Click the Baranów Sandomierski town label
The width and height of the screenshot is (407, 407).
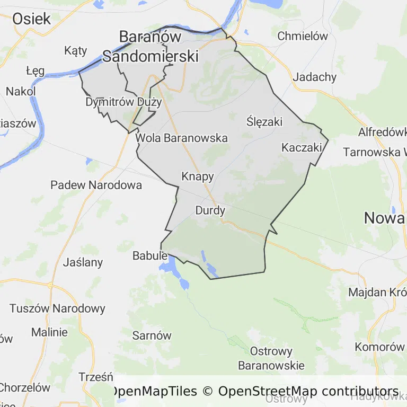pyautogui.click(x=151, y=46)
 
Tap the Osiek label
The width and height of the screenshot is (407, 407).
pyautogui.click(x=31, y=19)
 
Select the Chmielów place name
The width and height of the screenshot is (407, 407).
pyautogui.click(x=303, y=37)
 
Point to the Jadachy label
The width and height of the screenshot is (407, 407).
pyautogui.click(x=314, y=77)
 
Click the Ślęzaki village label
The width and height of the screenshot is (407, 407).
pyautogui.click(x=264, y=122)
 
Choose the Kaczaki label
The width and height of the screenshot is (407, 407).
pyautogui.click(x=302, y=147)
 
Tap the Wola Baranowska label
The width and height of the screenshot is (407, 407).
pyautogui.click(x=182, y=138)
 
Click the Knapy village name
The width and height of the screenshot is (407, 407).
pyautogui.click(x=197, y=176)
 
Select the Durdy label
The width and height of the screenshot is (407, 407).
pyautogui.click(x=210, y=210)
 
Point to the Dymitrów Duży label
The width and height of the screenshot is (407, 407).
pyautogui.click(x=123, y=102)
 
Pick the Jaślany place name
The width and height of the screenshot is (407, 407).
pyautogui.click(x=83, y=262)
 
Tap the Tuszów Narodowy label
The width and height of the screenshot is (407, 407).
pyautogui.click(x=57, y=308)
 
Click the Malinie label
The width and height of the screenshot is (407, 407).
pyautogui.click(x=49, y=332)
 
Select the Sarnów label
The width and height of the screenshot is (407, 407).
pyautogui.click(x=152, y=335)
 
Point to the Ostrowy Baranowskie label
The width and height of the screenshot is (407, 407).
pyautogui.click(x=271, y=358)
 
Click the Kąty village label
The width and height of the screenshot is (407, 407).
pyautogui.click(x=75, y=51)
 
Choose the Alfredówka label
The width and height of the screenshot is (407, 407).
pyautogui.click(x=382, y=131)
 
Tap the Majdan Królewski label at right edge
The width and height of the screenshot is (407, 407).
pyautogui.click(x=377, y=292)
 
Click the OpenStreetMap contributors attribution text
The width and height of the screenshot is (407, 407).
pyautogui.click(x=308, y=392)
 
